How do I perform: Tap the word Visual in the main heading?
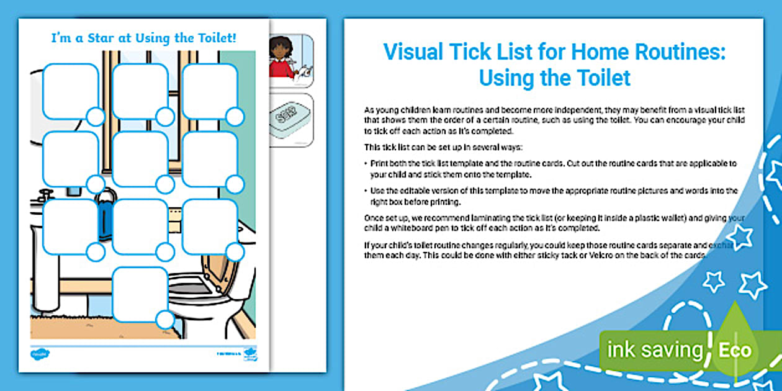tap(413, 52)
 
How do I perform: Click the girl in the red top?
tap(282, 60)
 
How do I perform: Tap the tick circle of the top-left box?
tap(95, 117)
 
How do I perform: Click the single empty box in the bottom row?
tap(140, 295)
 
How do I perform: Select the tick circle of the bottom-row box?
tap(164, 320)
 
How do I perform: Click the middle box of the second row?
tap(140, 159)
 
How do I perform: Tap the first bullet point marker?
tap(366, 163)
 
